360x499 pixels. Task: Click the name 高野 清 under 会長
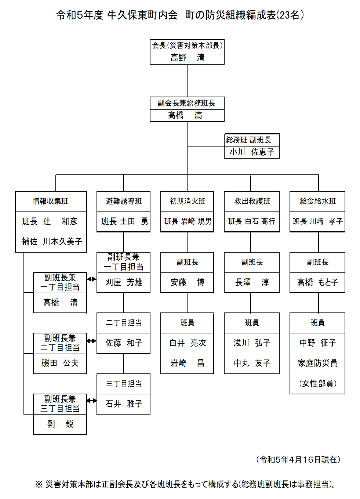[x=187, y=58]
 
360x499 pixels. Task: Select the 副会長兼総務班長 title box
[x=187, y=103]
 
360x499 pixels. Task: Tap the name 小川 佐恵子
[x=252, y=152]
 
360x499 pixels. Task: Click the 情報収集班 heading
[x=51, y=201]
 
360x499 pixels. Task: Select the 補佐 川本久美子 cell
[x=51, y=242]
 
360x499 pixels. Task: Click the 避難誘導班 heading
[x=124, y=201]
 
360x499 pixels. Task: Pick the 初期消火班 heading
[x=187, y=201]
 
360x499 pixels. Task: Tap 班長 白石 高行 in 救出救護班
[x=252, y=221]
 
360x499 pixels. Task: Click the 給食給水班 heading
[x=318, y=201]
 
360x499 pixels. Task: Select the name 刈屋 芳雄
[x=124, y=282]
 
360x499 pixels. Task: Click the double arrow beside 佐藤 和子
[x=91, y=341]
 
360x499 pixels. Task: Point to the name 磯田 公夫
[x=60, y=363]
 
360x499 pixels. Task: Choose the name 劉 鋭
[x=60, y=424]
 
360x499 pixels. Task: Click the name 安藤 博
[x=187, y=282]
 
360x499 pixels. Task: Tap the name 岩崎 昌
[x=187, y=363]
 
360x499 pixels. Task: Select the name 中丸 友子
[x=252, y=363]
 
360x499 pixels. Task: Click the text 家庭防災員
[x=317, y=363]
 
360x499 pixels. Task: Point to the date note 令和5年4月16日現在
[x=298, y=460]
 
